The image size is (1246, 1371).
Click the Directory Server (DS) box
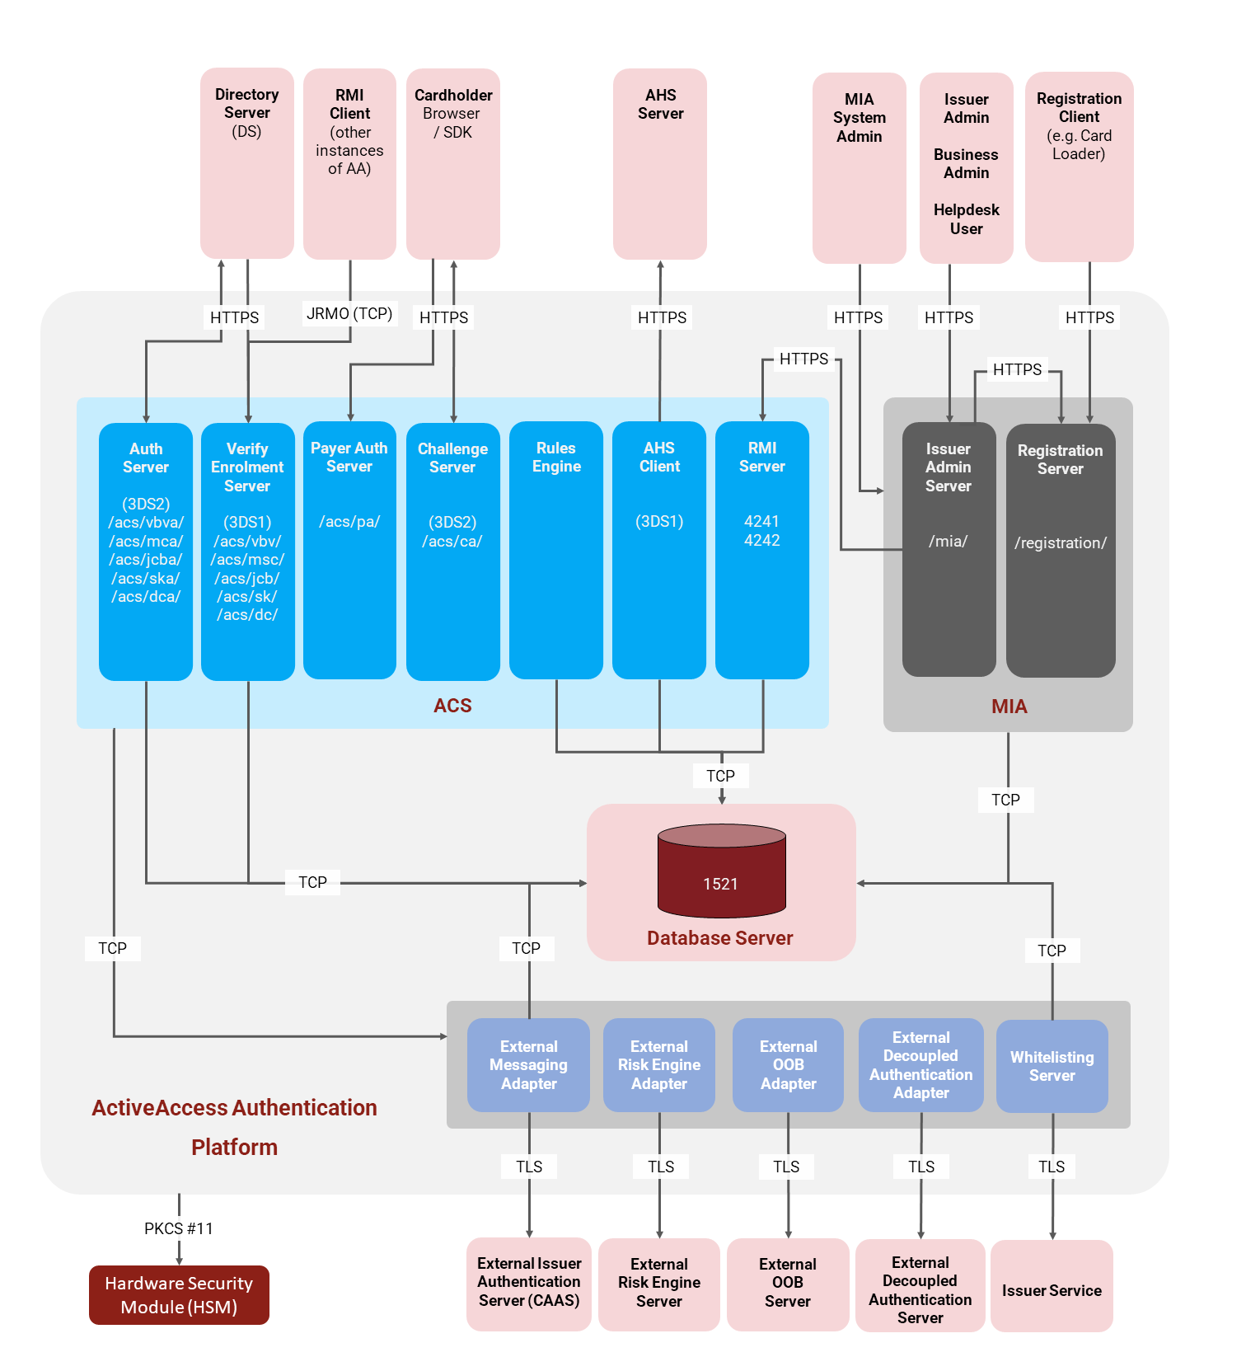[x=246, y=163]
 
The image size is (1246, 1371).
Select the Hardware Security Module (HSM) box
[x=179, y=1295]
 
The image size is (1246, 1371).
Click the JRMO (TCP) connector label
[x=349, y=314]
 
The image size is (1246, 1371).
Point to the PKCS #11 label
[x=179, y=1228]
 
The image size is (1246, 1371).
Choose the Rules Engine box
[x=556, y=551]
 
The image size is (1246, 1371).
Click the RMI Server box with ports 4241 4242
[x=762, y=551]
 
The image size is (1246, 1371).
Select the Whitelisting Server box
[x=1052, y=1066]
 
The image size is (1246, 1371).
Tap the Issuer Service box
[x=1052, y=1285]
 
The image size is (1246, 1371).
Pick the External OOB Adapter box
[x=788, y=1065]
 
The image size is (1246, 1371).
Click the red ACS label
[x=452, y=706]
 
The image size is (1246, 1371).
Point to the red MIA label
[x=1009, y=707]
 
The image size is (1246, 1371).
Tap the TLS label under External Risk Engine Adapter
[x=661, y=1167]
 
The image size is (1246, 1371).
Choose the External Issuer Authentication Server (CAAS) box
[x=529, y=1284]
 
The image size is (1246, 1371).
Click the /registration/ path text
[x=1061, y=543]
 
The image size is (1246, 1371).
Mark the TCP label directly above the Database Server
[x=721, y=776]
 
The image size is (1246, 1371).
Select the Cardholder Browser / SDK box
[x=452, y=163]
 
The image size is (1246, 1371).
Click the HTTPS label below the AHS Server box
[x=662, y=317]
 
